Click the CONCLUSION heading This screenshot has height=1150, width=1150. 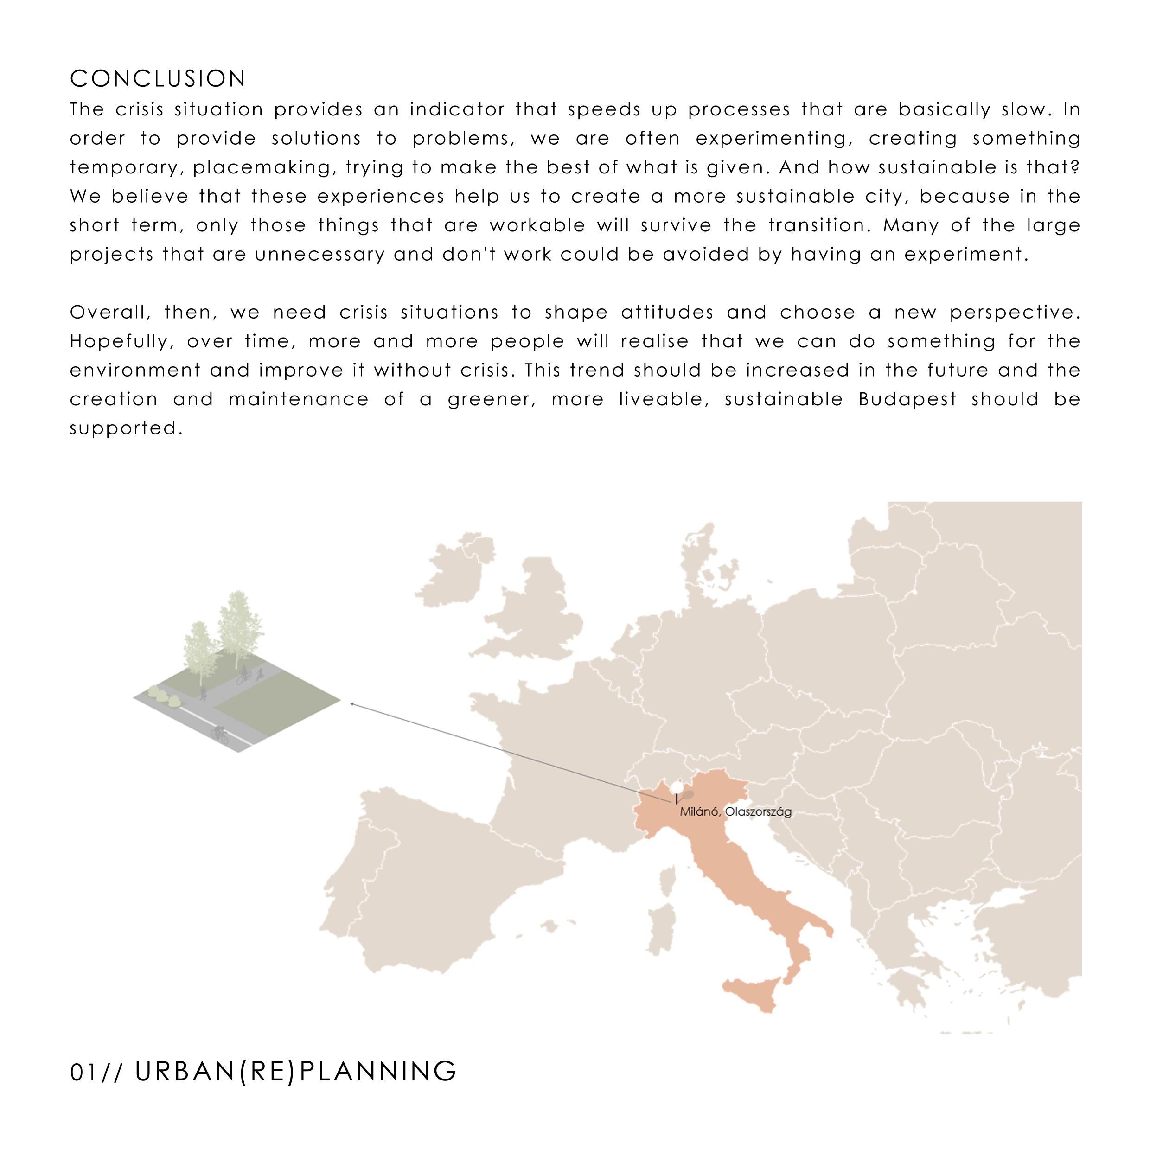158,78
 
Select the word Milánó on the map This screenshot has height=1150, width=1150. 699,812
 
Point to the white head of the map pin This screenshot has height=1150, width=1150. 677,787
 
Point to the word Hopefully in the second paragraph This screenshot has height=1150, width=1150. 109,341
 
